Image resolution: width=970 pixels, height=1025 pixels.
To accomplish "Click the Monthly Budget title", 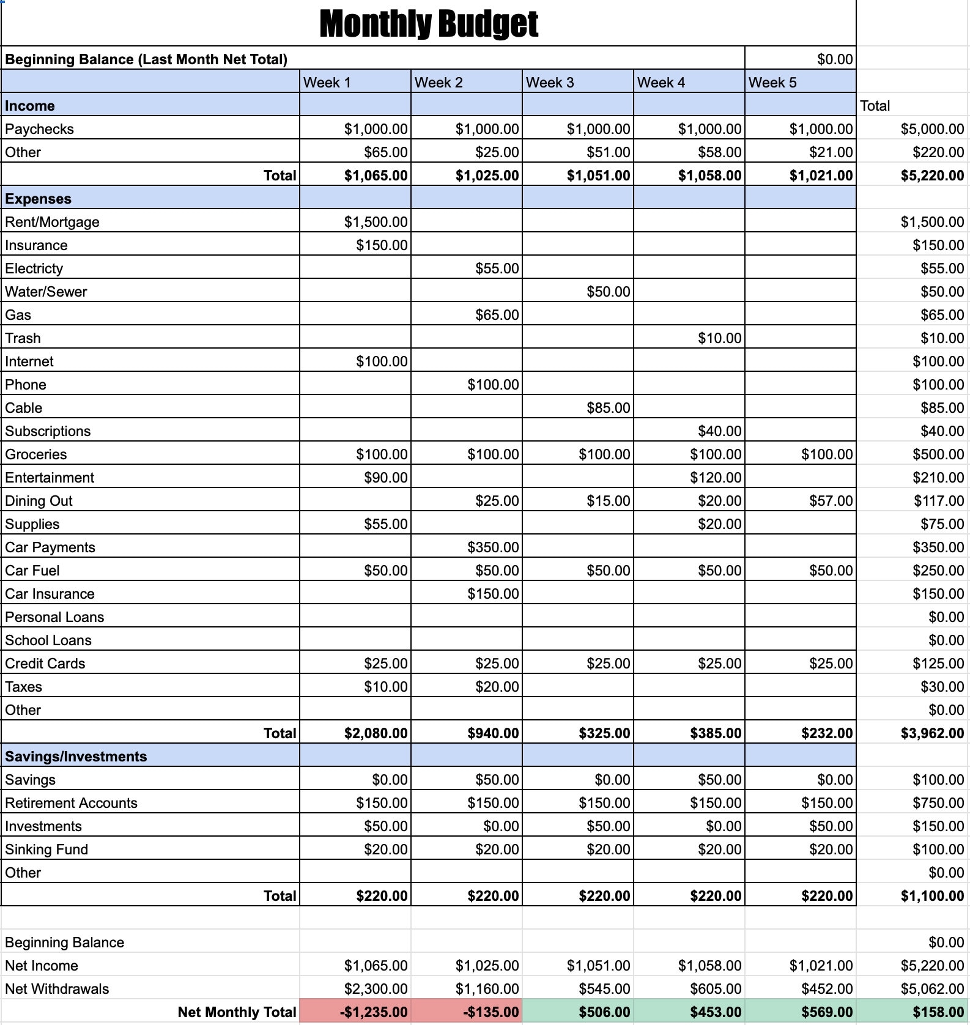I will click(428, 24).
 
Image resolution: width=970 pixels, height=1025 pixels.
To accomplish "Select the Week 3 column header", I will click(577, 82).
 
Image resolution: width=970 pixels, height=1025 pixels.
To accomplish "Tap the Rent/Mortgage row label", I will click(53, 222).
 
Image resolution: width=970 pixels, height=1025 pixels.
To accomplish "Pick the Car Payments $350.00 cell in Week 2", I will click(492, 547).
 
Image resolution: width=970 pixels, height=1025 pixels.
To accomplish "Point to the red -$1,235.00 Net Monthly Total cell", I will click(373, 1012).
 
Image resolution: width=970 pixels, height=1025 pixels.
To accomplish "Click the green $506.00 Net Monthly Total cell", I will click(604, 1012).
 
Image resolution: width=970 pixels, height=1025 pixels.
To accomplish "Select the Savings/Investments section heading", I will click(76, 757).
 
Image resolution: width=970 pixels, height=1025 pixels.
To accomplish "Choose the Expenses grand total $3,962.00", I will click(931, 733).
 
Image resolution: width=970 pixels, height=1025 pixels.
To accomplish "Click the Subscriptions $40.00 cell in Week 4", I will click(719, 431).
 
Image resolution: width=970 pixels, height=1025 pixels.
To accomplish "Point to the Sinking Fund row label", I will click(46, 849).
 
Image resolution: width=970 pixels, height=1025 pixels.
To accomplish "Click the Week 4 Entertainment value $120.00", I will click(715, 478).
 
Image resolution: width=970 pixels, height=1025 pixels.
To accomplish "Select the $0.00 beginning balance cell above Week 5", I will click(834, 59).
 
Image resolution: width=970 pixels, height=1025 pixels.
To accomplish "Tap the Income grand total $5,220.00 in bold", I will click(931, 176).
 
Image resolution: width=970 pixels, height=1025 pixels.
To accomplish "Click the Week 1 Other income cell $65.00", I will click(385, 152).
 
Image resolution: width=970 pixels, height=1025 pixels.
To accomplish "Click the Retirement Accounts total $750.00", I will click(938, 803).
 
